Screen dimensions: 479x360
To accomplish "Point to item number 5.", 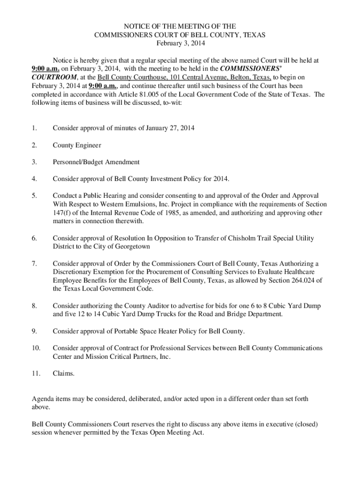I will (x=34, y=196).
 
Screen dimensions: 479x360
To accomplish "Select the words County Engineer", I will (x=77, y=145).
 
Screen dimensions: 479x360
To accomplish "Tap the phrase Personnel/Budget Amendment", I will (x=96, y=162).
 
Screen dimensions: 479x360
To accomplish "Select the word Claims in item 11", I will (x=64, y=373).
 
